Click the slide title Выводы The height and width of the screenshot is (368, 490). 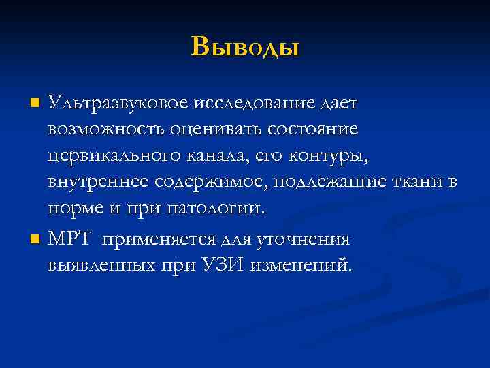point(245,46)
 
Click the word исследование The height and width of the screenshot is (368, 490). point(253,104)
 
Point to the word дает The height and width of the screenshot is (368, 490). point(338,104)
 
